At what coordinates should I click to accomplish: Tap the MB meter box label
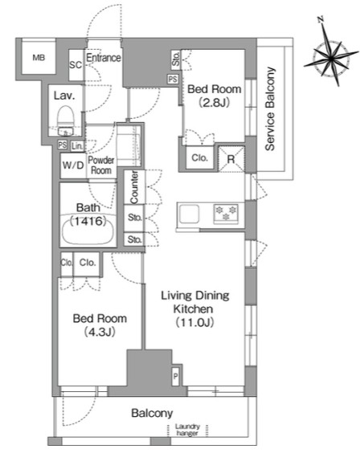pos(39,58)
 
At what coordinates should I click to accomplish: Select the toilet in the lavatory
pos(65,120)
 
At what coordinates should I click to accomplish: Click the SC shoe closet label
pos(76,65)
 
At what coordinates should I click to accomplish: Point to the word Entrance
pos(104,58)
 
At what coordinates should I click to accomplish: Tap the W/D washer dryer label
pos(73,165)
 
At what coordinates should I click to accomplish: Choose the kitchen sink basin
pos(189,214)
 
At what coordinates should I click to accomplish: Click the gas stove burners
pos(226,214)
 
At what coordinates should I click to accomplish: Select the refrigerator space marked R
pos(231,159)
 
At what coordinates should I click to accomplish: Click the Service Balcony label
pos(269,108)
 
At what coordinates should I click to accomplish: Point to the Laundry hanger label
pos(187,430)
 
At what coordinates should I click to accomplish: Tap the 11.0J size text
pos(195,322)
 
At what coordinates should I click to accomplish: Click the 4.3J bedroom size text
pos(100,332)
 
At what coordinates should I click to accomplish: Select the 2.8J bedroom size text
pos(214,103)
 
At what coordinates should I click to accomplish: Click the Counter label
pos(134,187)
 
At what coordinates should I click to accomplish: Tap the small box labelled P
pos(176,376)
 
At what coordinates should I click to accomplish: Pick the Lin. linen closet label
pos(77,146)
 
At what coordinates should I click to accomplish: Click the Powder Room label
pos(101,165)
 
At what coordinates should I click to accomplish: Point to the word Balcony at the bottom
pos(152,413)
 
